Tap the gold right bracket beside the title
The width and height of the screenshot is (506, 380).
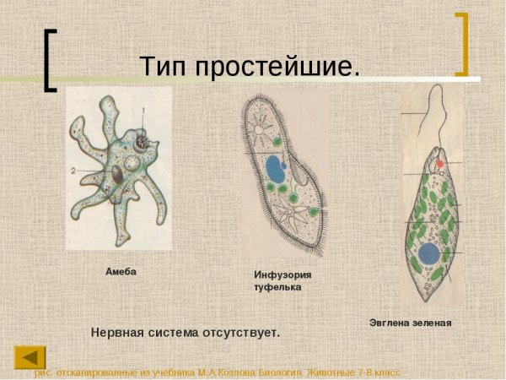[x=460, y=45]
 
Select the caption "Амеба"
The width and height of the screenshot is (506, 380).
[x=121, y=272]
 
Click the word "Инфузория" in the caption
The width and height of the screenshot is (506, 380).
[x=283, y=274]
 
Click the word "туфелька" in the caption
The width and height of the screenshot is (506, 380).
[x=277, y=287]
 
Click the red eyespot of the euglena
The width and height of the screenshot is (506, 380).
[x=439, y=163]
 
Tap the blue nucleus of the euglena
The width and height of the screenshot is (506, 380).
[x=429, y=252]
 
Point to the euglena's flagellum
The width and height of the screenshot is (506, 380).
[x=438, y=118]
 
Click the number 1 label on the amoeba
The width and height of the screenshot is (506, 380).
[x=143, y=111]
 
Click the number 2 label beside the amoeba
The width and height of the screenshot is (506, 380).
[x=73, y=170]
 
